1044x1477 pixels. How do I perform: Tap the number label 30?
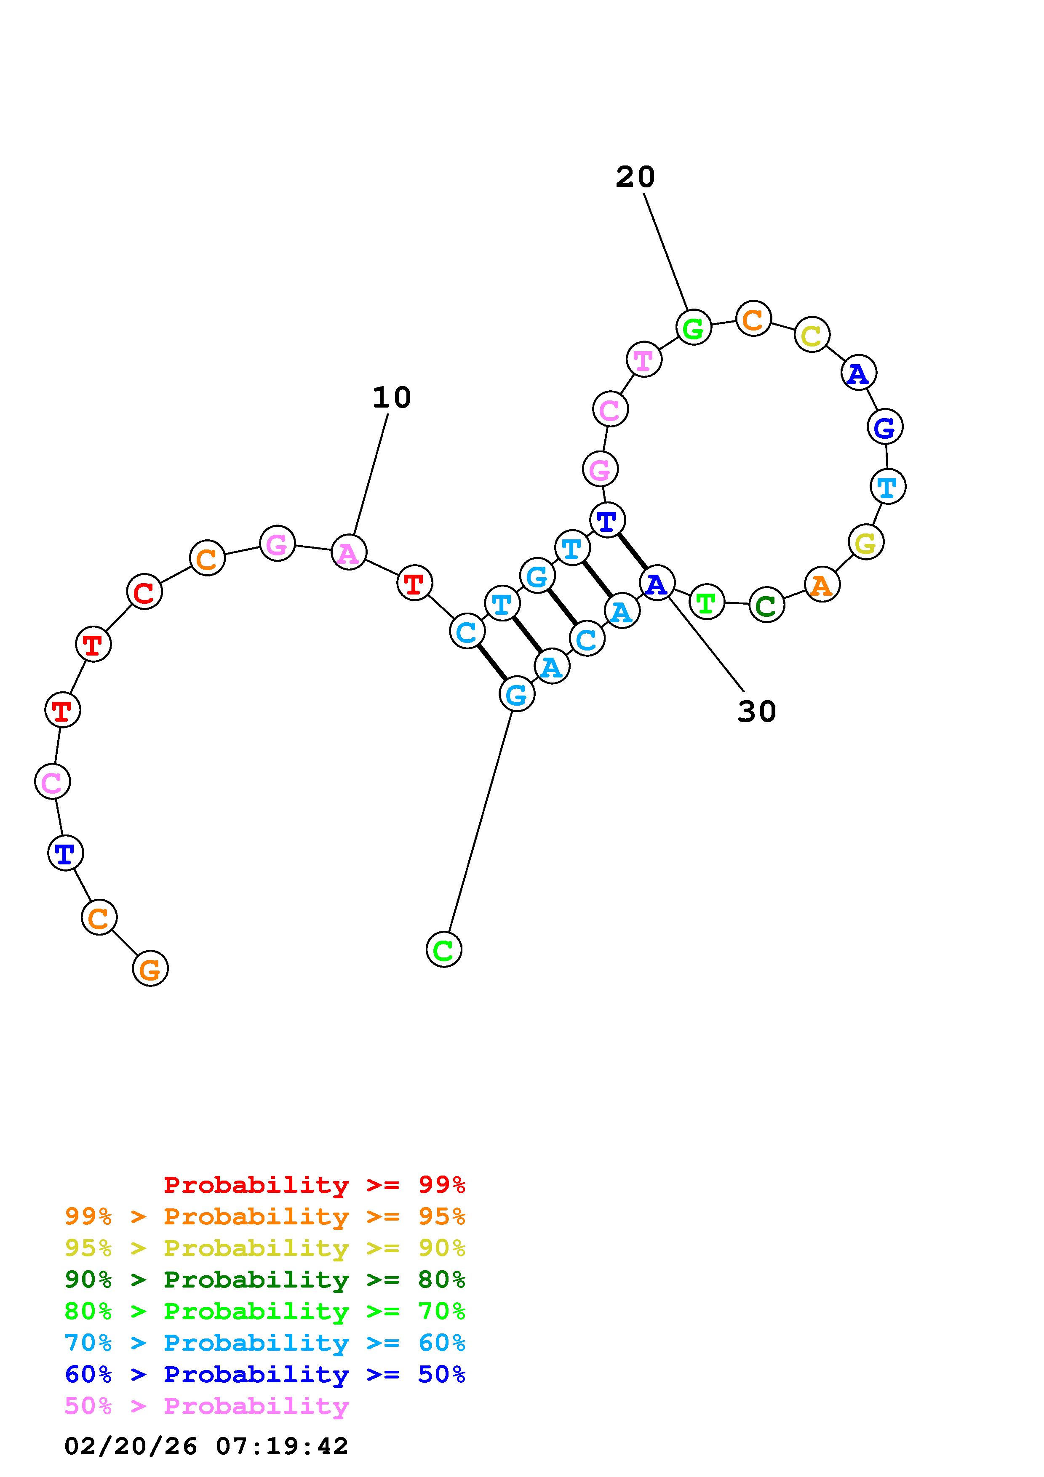pos(756,712)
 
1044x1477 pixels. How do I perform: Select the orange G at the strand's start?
pos(150,968)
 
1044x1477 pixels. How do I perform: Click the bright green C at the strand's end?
pos(444,949)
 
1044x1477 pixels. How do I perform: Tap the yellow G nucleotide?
pos(866,542)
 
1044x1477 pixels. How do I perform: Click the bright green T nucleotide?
pos(706,602)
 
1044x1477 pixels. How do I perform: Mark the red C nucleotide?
pos(144,592)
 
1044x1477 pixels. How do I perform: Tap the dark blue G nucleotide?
pos(885,427)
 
